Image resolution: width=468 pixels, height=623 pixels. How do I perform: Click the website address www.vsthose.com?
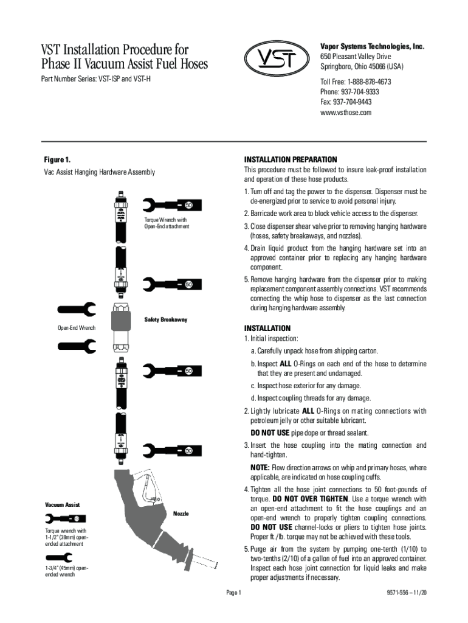pyautogui.click(x=345, y=113)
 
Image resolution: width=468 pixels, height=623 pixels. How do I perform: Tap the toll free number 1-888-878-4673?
pyautogui.click(x=356, y=82)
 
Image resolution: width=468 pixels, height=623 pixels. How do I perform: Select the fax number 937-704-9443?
pyautogui.click(x=346, y=102)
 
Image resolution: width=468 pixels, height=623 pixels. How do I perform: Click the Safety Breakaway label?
pyautogui.click(x=165, y=319)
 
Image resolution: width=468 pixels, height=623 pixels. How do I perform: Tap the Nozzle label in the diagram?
pyautogui.click(x=181, y=513)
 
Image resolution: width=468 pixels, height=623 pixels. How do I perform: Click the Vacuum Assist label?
pyautogui.click(x=62, y=505)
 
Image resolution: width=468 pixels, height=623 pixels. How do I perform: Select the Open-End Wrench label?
pyautogui.click(x=72, y=329)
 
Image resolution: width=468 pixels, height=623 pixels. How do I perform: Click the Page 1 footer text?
pyautogui.click(x=234, y=593)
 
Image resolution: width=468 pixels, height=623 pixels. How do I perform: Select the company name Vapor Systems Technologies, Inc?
pyautogui.click(x=372, y=47)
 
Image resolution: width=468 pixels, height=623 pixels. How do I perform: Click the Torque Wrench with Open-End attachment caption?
pyautogui.click(x=167, y=223)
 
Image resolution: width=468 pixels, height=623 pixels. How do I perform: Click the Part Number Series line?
pyautogui.click(x=95, y=79)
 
